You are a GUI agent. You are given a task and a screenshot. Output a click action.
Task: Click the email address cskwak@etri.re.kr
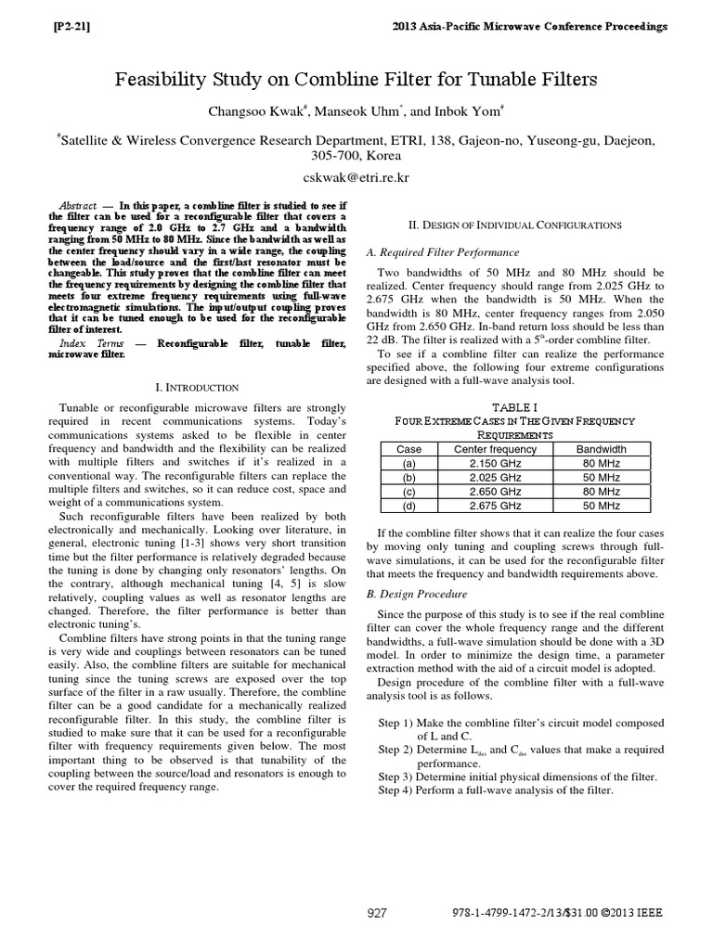point(356,175)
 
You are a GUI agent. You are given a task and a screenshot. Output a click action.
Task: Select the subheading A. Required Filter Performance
point(443,252)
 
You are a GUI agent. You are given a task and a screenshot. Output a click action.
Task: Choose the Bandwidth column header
point(601,449)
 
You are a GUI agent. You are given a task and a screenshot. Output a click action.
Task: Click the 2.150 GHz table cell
point(488,463)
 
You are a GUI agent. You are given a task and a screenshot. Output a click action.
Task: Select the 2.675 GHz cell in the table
point(488,506)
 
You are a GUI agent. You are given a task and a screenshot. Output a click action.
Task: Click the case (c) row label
point(408,492)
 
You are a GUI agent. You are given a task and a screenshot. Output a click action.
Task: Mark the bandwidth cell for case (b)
point(601,477)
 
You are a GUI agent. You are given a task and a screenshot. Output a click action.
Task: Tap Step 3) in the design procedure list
point(396,776)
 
